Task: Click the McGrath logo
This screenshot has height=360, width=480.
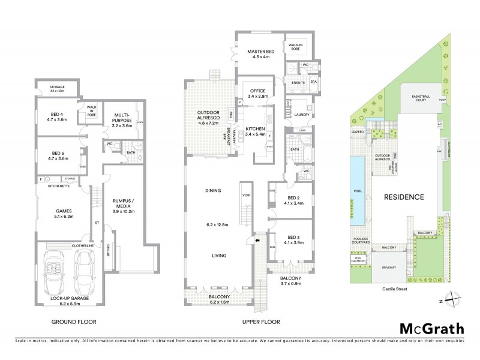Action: [x=432, y=328]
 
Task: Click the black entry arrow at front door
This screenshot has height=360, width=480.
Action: [x=258, y=241]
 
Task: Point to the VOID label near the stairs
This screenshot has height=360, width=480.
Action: [x=246, y=195]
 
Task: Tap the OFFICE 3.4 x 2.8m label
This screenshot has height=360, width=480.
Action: [x=256, y=93]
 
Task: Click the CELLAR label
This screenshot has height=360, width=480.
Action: [x=108, y=251]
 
